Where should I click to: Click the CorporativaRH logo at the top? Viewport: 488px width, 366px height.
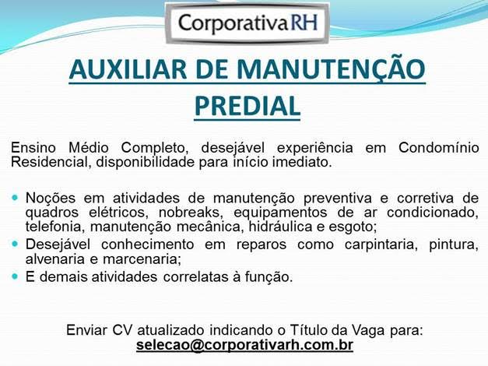(x=248, y=23)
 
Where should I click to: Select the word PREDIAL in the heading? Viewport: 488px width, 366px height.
(x=246, y=106)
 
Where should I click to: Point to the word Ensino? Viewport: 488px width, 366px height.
(x=34, y=148)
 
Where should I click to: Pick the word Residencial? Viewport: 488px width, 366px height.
(x=51, y=163)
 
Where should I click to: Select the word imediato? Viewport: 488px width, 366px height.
(x=304, y=163)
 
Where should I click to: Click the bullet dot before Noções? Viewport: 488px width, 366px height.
(x=16, y=199)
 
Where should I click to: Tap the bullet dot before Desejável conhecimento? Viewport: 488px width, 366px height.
(x=16, y=245)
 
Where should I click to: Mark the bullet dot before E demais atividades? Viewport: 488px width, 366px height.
(x=16, y=276)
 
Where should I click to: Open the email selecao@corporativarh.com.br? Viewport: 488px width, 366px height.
(x=244, y=344)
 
